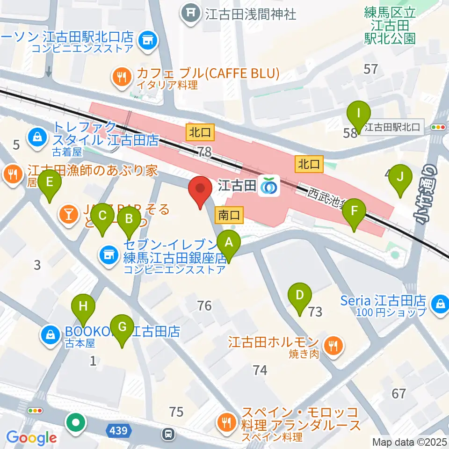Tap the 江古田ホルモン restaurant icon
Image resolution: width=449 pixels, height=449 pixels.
click(333, 347)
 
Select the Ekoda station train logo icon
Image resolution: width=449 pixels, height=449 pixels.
click(270, 186)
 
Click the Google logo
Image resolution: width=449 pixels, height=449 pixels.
click(31, 438)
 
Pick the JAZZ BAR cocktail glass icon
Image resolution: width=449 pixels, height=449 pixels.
click(68, 215)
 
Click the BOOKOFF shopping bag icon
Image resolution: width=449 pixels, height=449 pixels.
click(49, 335)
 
